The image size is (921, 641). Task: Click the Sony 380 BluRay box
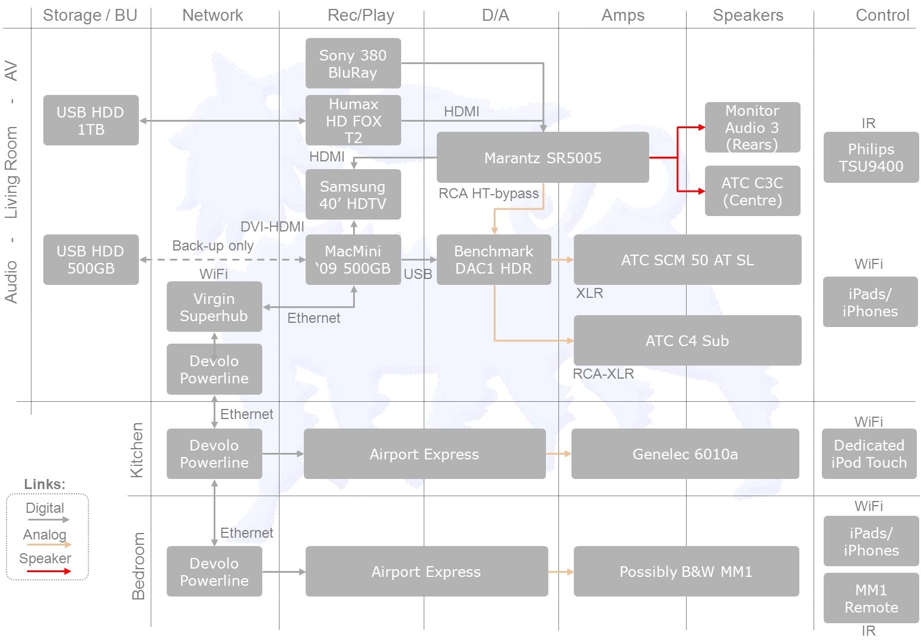(353, 64)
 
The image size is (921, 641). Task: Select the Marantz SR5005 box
(542, 158)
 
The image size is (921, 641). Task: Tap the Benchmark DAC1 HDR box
(494, 260)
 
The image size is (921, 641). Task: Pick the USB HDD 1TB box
(91, 120)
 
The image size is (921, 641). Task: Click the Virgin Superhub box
(214, 307)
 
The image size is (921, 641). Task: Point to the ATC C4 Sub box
(687, 341)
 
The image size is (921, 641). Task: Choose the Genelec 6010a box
(685, 454)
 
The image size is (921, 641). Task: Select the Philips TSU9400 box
(871, 157)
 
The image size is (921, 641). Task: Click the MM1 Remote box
(871, 598)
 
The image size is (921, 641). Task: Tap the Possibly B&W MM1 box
(686, 572)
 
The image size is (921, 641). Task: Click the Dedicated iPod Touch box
(869, 454)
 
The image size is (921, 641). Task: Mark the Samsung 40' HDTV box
(353, 195)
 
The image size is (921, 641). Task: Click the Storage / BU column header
(90, 15)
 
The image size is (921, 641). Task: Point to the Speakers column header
(748, 15)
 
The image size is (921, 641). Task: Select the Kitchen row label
(137, 450)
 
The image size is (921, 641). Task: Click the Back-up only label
(212, 246)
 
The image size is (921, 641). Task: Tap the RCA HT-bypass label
(488, 193)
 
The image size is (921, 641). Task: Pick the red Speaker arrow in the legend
(49, 572)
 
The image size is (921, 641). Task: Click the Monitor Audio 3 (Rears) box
(752, 128)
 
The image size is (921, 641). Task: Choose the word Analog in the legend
(45, 535)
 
